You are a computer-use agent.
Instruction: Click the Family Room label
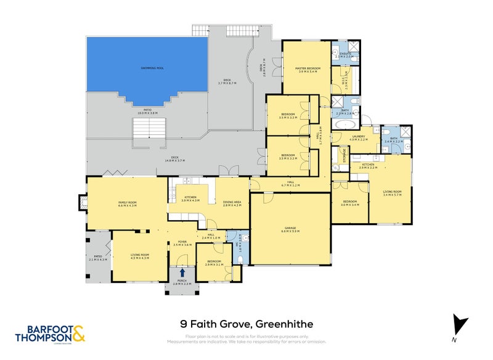coord(127,203)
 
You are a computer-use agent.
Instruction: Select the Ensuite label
coord(346,53)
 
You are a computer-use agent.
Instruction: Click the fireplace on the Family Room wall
coord(82,203)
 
